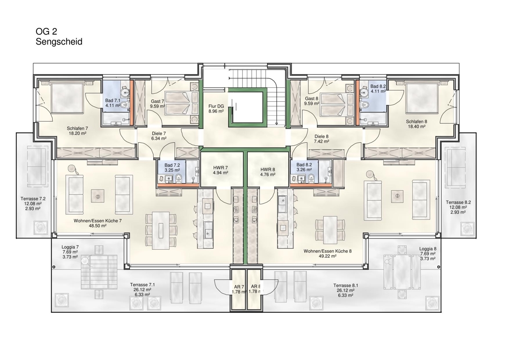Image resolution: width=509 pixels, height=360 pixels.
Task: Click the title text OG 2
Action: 46,31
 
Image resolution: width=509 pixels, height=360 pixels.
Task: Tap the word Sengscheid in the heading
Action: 59,41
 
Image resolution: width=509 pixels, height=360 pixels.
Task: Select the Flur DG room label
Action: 216,106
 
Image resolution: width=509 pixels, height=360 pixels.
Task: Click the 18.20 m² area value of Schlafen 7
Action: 78,133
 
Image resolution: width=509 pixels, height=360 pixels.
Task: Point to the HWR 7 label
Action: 220,168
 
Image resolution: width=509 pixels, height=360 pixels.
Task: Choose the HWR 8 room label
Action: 268,169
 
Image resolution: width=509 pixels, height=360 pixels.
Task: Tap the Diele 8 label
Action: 321,136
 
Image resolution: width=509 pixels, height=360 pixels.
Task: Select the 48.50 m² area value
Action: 98,226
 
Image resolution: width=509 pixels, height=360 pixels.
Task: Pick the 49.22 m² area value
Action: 327,256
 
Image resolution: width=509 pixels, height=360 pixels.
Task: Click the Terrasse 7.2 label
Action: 33,198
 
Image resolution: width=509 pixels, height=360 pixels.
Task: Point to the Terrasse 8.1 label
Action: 346,286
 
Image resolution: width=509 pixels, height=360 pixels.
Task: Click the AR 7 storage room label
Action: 239,287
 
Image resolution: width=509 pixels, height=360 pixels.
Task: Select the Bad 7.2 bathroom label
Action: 172,166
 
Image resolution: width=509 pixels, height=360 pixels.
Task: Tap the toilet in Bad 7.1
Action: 125,104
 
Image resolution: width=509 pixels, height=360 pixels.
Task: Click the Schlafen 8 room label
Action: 416,121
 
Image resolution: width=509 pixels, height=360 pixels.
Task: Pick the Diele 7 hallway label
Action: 159,134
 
